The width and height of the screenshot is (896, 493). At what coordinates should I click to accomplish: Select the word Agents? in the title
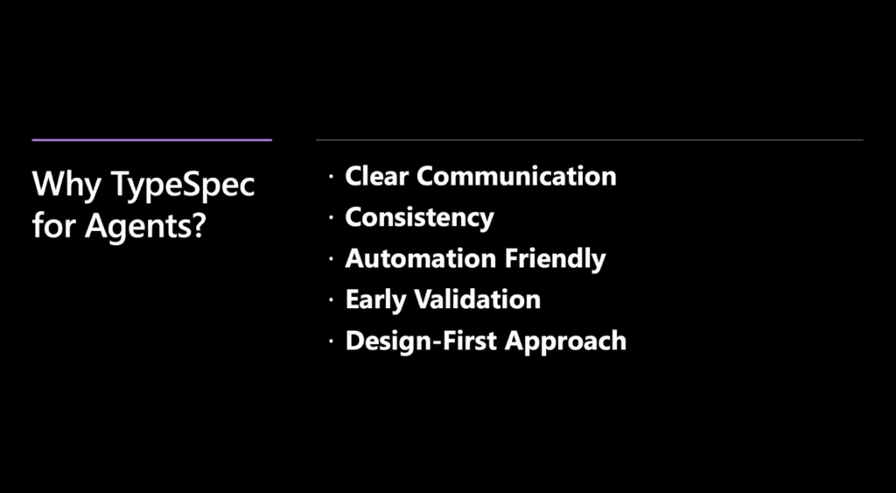click(x=145, y=227)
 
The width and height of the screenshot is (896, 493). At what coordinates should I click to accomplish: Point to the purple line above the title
click(x=152, y=139)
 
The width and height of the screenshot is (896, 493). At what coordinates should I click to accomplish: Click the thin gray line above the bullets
click(x=590, y=139)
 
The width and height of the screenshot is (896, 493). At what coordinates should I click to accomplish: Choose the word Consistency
click(x=419, y=218)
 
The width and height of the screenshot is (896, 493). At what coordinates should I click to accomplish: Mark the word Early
click(x=374, y=300)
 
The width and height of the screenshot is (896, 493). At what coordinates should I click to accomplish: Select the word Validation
click(x=477, y=299)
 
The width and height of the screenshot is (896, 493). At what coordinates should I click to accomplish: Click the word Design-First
click(x=421, y=341)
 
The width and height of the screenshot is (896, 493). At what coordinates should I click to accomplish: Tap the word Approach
click(x=566, y=342)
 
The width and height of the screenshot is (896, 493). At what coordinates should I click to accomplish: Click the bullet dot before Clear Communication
click(x=330, y=177)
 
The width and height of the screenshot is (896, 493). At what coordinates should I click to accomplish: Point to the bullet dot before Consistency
click(x=330, y=218)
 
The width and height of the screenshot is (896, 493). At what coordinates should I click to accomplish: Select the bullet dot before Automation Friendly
click(x=330, y=260)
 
